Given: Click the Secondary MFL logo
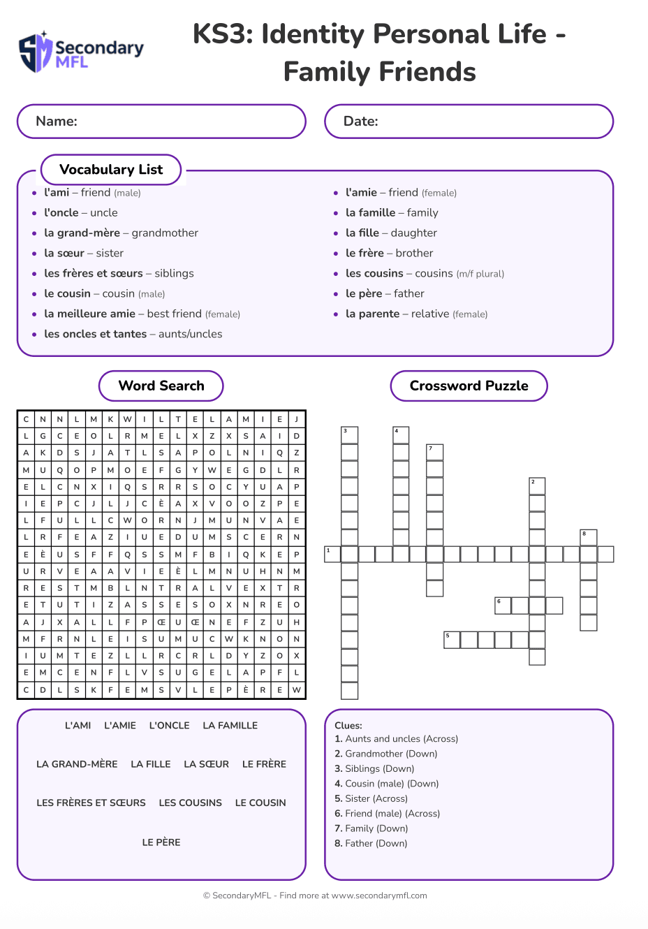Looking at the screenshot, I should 80,52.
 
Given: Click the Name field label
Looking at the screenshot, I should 57,122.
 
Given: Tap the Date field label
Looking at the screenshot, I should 360,122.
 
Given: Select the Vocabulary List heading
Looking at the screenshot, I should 111,170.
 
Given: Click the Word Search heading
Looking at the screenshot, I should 161,386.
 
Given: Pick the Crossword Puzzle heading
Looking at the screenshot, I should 469,386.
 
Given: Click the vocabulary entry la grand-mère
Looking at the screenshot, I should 121,233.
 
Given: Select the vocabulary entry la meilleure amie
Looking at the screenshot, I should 142,314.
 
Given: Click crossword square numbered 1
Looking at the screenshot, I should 332,555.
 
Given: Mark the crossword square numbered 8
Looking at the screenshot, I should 589,538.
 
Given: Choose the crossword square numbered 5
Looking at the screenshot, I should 452,640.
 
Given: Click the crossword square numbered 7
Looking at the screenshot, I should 435,452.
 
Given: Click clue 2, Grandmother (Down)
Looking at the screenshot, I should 385,754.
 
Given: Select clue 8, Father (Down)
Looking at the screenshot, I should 370,844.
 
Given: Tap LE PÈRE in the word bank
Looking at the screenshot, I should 161,842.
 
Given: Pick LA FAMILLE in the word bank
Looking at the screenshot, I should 230,726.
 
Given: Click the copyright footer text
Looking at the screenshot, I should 315,895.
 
